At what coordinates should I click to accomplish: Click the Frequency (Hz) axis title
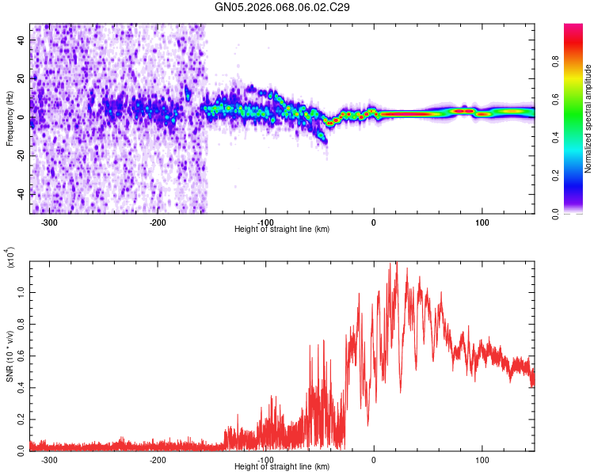tap(10, 119)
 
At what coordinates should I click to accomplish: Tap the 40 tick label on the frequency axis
tap(21, 40)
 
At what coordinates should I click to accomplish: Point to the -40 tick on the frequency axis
tap(21, 194)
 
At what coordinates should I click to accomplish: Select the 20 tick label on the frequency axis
tap(21, 78)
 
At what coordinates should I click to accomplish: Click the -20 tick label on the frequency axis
tap(20, 155)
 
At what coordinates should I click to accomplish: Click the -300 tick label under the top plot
tap(49, 222)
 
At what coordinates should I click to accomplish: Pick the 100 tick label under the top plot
tap(482, 222)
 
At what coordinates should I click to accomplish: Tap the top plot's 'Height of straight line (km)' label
tap(282, 230)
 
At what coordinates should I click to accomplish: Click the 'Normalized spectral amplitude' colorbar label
tap(588, 119)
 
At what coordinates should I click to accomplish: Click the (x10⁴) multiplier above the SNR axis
tap(10, 258)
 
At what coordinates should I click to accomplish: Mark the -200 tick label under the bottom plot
tap(157, 459)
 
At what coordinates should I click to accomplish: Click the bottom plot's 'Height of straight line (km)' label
tap(282, 466)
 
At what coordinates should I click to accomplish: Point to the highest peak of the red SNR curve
tap(394, 264)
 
